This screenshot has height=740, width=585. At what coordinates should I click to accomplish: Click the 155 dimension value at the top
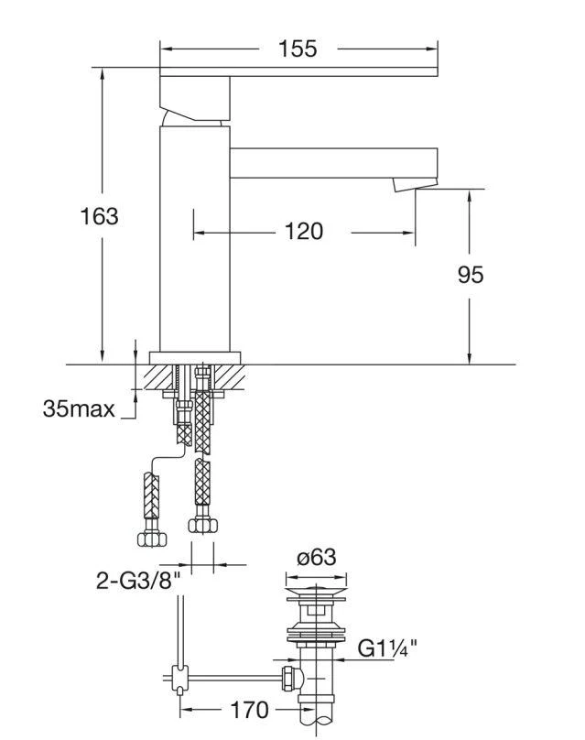click(298, 49)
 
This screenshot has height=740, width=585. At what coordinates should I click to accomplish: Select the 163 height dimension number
click(99, 216)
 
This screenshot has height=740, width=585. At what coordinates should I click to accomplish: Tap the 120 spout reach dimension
click(303, 233)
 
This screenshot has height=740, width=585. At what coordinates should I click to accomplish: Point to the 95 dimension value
click(470, 274)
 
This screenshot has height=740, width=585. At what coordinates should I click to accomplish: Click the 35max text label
click(79, 408)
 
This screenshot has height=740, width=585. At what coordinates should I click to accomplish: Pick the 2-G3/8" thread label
click(136, 581)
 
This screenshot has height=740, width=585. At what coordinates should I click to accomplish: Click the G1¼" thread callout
click(387, 649)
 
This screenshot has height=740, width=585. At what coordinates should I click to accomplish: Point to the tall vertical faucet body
click(193, 238)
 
